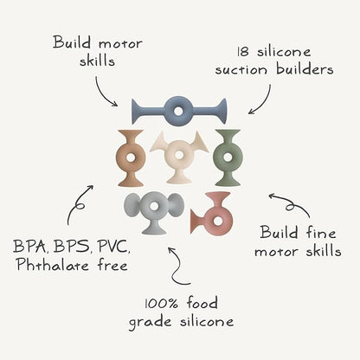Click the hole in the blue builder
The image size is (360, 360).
[179, 111]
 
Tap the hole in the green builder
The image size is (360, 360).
[228, 157]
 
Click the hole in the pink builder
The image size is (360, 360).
[218, 222]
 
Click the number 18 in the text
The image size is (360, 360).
[243, 52]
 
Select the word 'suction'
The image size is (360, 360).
[241, 70]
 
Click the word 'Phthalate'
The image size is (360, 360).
[53, 265]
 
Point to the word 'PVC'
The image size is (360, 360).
[113, 247]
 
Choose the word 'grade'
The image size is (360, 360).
[150, 323]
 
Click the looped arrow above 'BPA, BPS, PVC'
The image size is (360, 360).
[79, 205]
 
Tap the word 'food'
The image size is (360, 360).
[202, 304]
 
